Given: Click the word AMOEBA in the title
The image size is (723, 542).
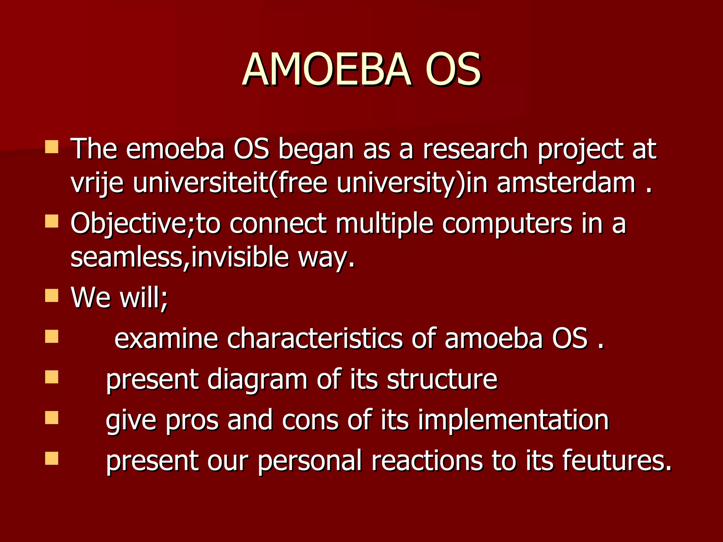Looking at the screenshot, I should click(327, 70).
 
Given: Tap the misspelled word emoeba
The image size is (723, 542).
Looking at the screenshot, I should click(175, 149).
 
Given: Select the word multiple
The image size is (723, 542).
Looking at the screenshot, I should click(384, 224).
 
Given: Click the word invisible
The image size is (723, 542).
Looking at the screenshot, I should click(240, 257).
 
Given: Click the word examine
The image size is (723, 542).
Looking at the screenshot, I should click(166, 338).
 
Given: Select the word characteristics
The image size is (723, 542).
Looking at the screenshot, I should click(315, 338).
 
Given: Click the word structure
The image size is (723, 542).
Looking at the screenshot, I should click(442, 379).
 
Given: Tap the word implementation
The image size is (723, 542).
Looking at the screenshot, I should click(513, 420).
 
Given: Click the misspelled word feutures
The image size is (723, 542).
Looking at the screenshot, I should click(616, 460).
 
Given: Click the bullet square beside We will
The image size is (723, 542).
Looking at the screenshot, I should click(52, 296).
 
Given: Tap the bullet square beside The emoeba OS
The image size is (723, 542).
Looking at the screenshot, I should click(52, 147).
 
